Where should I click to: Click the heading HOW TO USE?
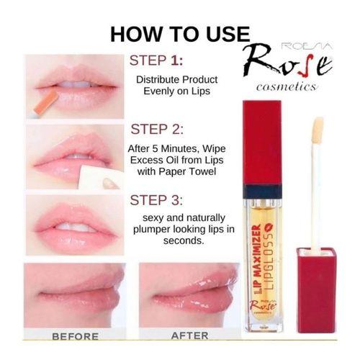coord(179,34)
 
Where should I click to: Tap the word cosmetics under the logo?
coord(287,88)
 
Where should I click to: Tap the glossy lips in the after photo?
coord(191,295)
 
